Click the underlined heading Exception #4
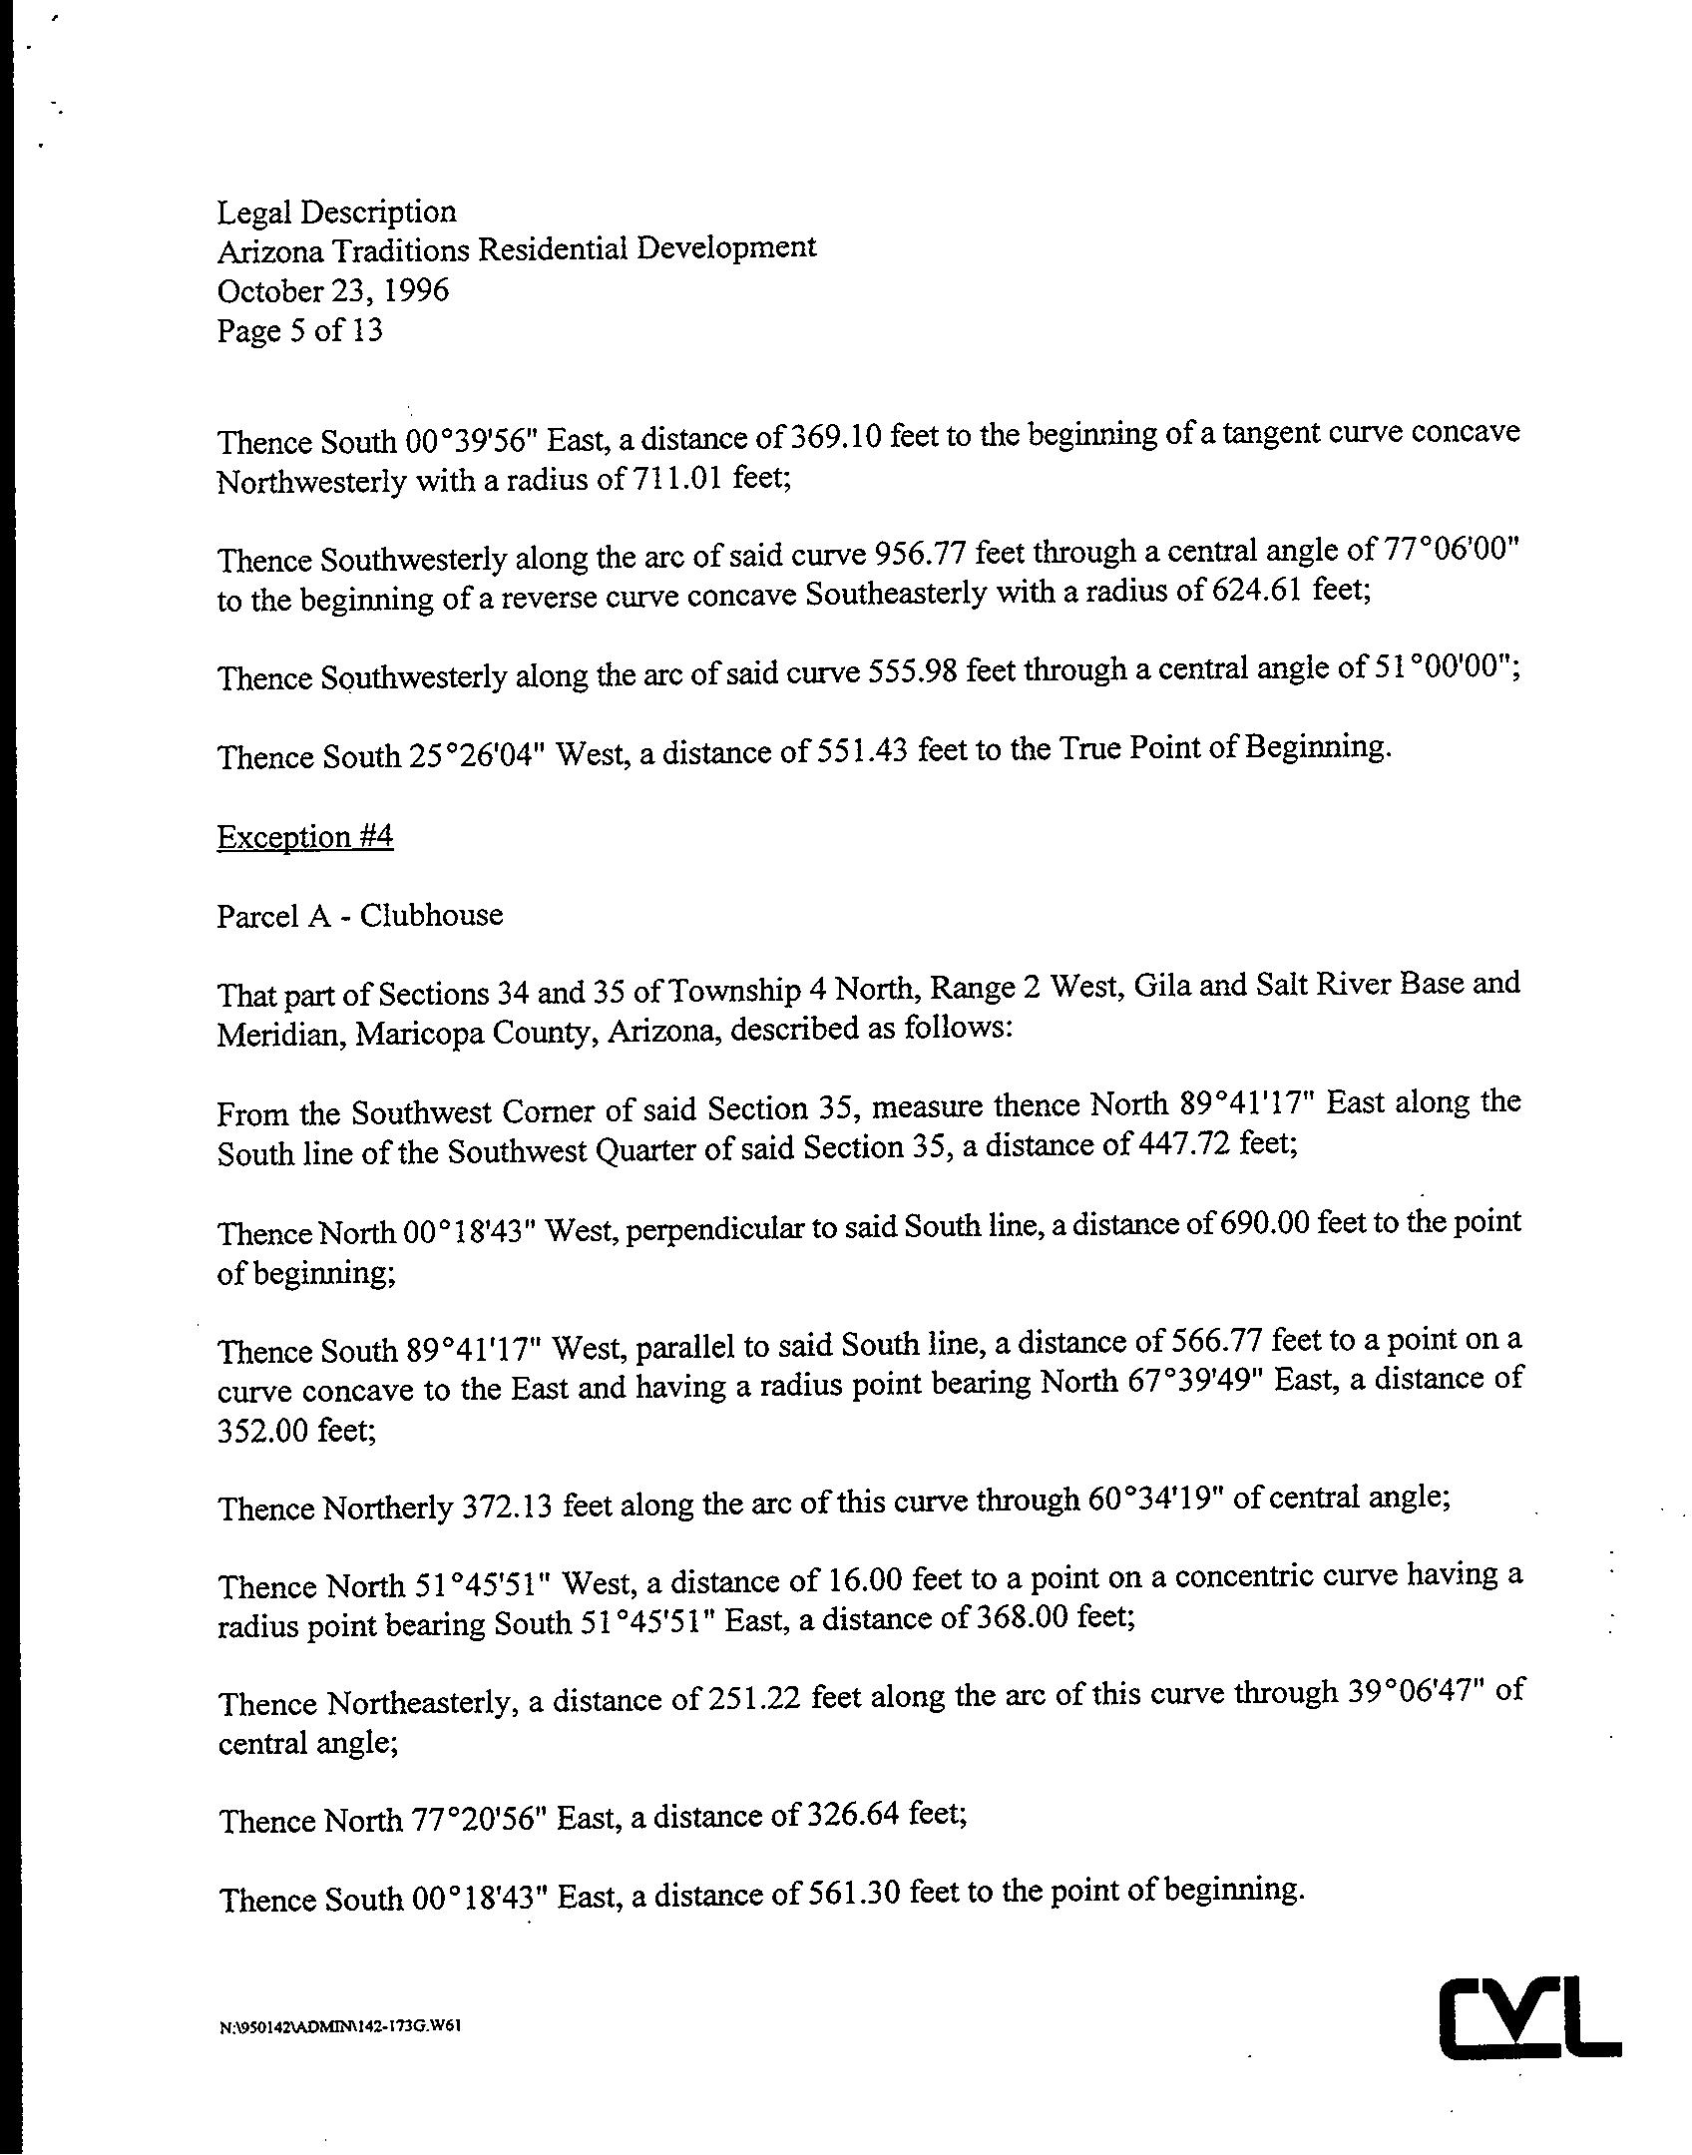point(304,836)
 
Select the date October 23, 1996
point(332,290)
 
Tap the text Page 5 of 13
point(299,330)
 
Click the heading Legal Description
point(336,212)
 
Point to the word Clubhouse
point(431,915)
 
